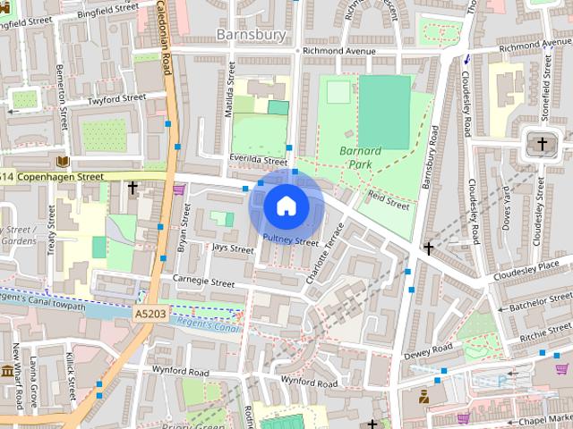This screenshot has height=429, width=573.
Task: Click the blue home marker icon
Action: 286,206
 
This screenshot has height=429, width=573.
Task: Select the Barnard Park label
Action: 361,157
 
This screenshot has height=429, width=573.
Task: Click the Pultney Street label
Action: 291,240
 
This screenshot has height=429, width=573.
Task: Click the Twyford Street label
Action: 115,99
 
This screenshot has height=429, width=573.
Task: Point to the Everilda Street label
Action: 231,158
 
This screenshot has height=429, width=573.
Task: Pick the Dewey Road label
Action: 429,354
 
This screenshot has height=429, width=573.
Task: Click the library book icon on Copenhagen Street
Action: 62,162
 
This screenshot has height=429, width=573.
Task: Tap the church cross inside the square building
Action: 541,143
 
